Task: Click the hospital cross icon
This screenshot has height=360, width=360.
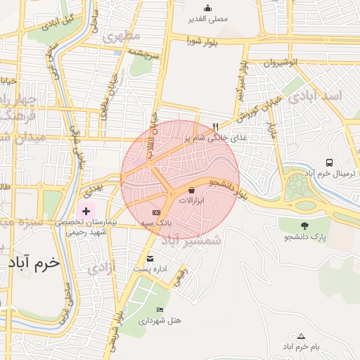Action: (86, 210)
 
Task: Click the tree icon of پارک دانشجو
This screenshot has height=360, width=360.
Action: (304, 226)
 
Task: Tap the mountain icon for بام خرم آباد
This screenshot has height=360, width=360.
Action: (302, 336)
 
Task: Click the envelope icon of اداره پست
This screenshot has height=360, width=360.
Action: (150, 258)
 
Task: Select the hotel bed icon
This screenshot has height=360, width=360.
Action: (160, 309)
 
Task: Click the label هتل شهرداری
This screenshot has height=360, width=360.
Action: (160, 320)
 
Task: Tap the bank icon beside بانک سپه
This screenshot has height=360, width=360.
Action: (156, 212)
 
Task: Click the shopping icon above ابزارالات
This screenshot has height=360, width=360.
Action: (192, 190)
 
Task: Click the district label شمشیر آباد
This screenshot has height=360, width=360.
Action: (191, 240)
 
